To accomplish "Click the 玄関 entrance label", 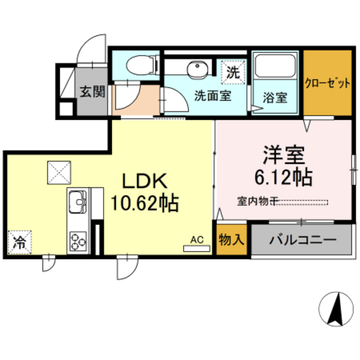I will point(91,91).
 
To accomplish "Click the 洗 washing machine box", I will point(233,71).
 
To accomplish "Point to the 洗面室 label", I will point(213,95).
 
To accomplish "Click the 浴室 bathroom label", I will point(276,97).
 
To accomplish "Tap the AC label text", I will point(195,239).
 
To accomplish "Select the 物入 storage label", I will point(231,240).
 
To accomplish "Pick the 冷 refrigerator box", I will point(20,242).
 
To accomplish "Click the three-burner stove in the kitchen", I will point(78,242).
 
